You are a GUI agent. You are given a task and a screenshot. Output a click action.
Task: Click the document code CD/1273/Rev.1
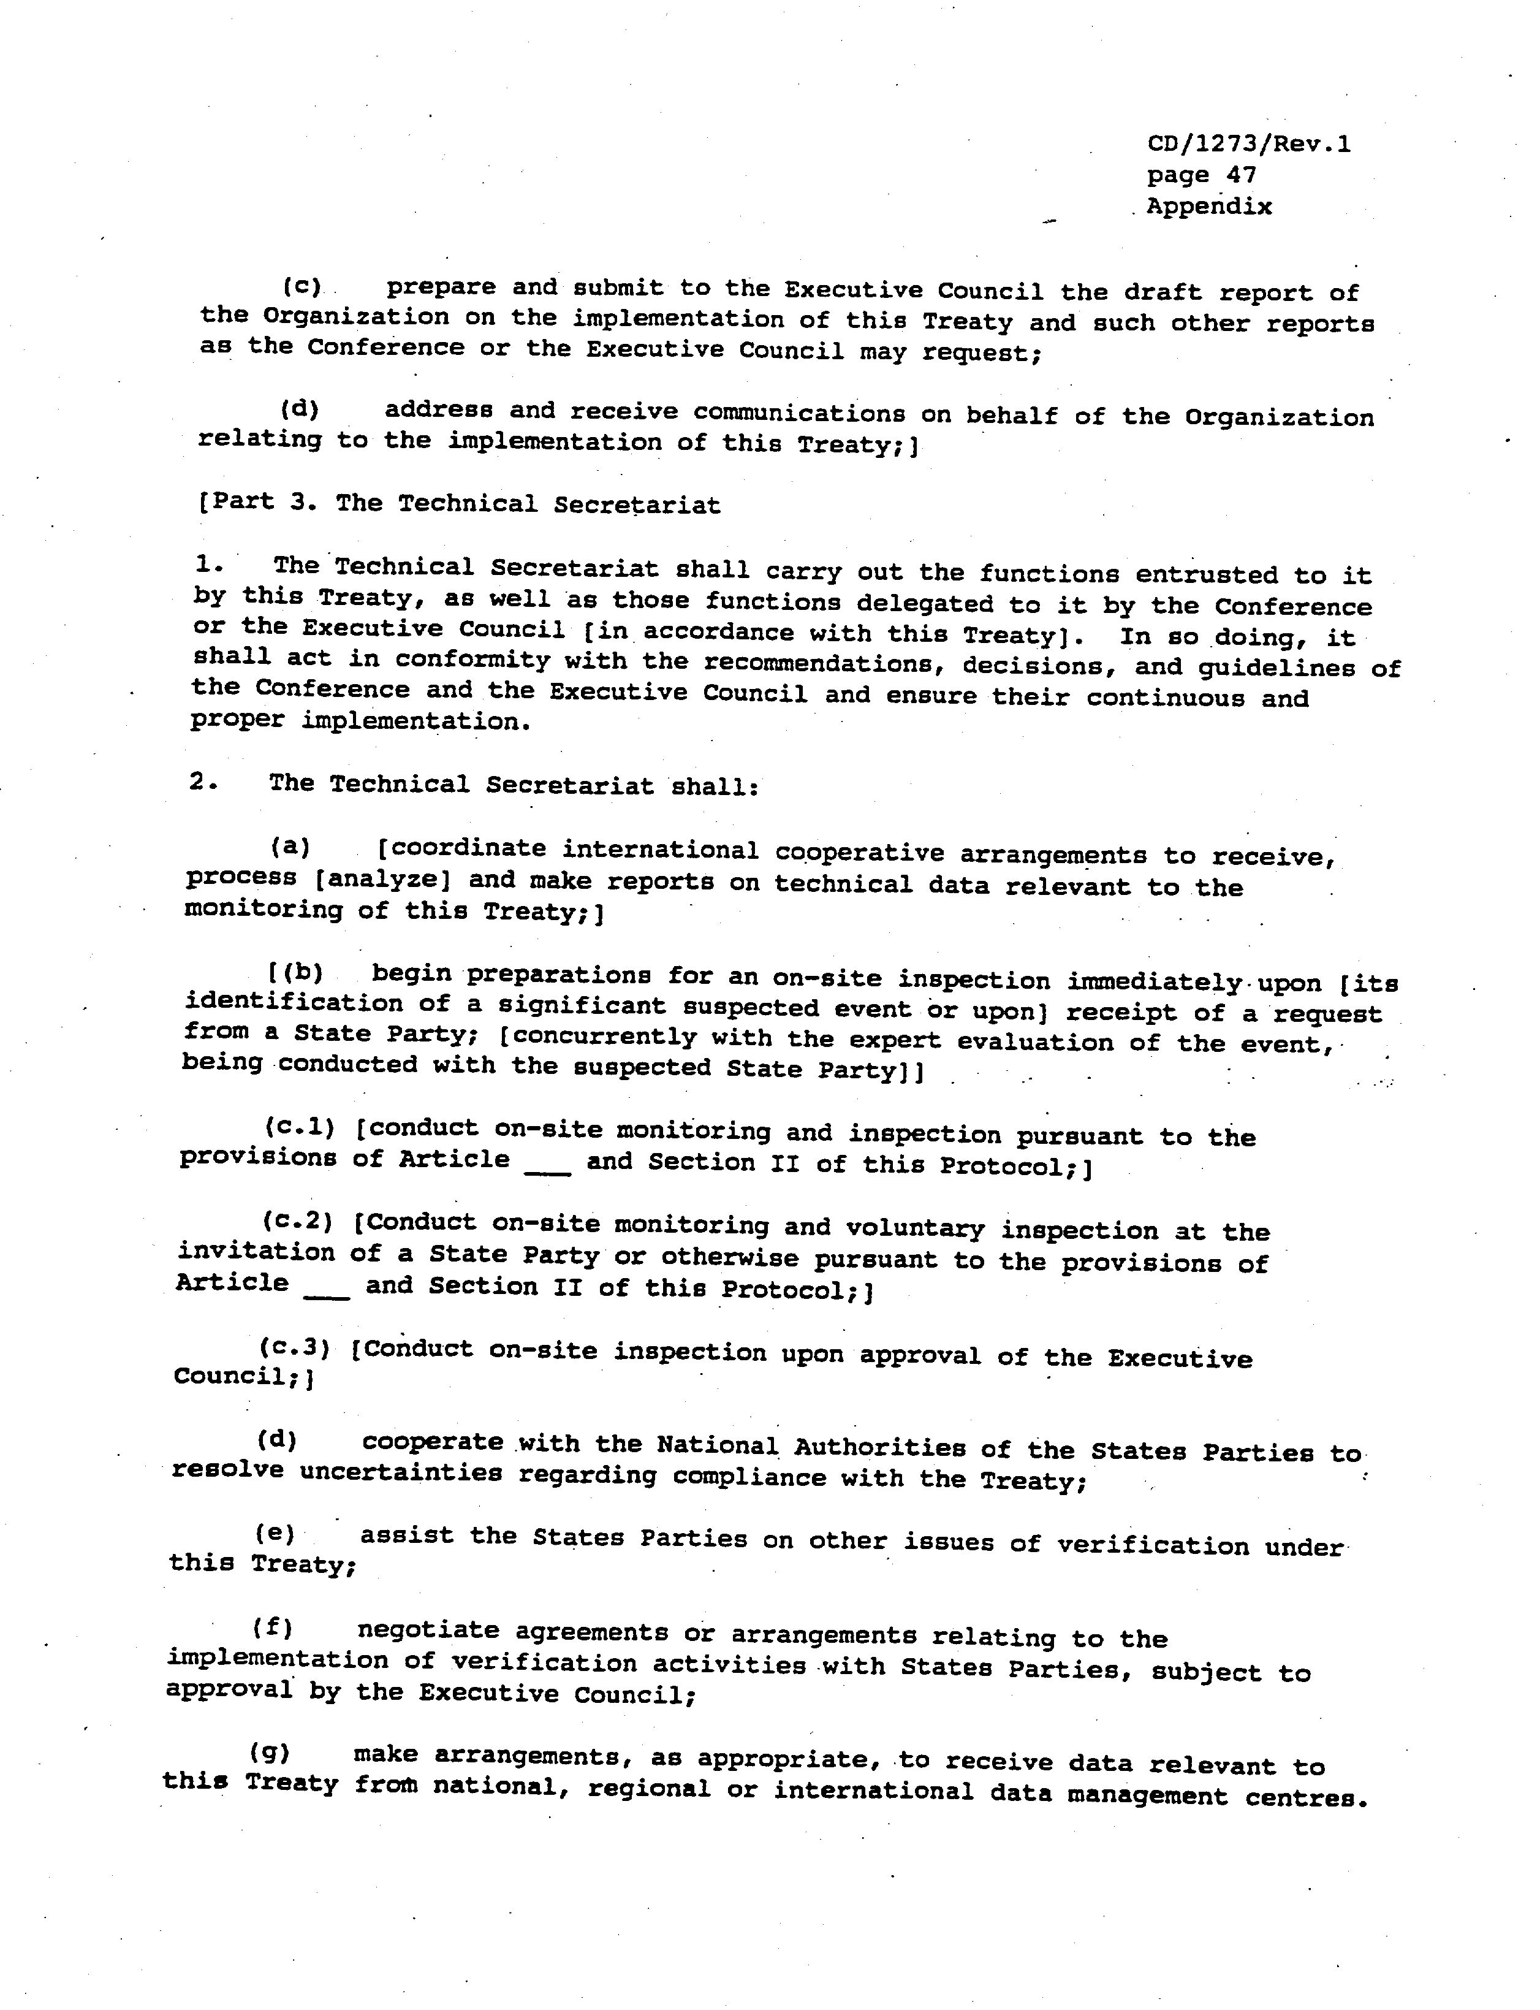(1248, 144)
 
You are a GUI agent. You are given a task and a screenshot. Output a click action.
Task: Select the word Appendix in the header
(1209, 207)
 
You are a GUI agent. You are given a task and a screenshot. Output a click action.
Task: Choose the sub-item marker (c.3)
(294, 1348)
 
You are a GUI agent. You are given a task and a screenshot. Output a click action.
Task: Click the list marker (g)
(270, 1753)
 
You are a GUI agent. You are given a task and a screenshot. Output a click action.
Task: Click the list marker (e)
(275, 1533)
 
